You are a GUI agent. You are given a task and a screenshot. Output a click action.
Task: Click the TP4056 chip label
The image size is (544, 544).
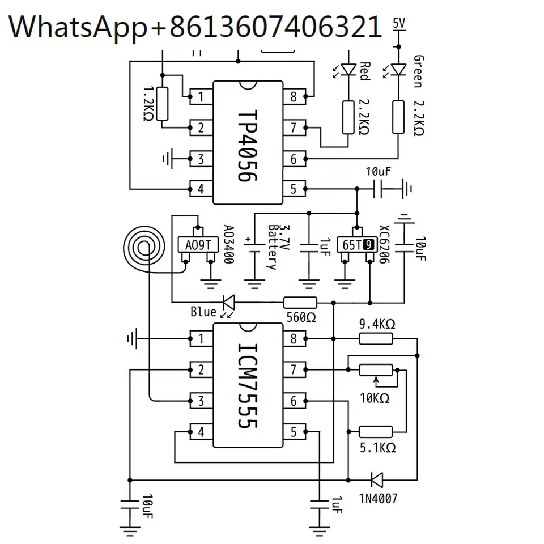(x=248, y=146)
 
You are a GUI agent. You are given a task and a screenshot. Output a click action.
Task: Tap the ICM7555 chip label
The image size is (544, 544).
(x=248, y=386)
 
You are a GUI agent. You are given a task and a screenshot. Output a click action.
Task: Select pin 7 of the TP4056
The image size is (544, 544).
(x=294, y=127)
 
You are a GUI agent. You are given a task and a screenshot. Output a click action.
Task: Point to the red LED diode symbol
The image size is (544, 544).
(x=348, y=69)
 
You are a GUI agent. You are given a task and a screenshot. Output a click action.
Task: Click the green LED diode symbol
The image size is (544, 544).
(x=398, y=69)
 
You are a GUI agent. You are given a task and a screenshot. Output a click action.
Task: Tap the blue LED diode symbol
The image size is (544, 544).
(x=229, y=303)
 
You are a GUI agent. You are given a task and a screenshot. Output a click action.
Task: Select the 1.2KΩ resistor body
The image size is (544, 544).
(x=163, y=104)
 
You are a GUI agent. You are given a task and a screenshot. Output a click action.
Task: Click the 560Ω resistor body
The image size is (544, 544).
(x=300, y=303)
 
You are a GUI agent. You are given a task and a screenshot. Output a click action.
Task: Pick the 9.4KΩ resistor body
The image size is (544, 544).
(x=376, y=338)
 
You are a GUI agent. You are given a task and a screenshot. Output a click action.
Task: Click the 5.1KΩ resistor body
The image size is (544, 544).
(x=376, y=432)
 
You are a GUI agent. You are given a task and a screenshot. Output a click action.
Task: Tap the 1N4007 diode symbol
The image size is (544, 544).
(x=377, y=480)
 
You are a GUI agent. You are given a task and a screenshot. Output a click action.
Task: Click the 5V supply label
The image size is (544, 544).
(x=399, y=23)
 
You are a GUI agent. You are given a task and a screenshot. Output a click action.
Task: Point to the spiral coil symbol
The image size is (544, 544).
(x=144, y=247)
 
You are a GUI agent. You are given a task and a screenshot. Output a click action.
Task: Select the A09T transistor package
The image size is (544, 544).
(x=198, y=245)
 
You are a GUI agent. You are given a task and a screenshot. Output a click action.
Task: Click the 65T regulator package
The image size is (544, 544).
(x=356, y=245)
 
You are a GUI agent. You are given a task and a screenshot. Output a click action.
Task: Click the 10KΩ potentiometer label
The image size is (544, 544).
(x=375, y=398)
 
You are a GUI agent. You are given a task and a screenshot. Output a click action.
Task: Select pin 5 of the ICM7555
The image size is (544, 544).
(x=294, y=432)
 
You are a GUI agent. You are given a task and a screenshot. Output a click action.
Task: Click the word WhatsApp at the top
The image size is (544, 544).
(x=78, y=28)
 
